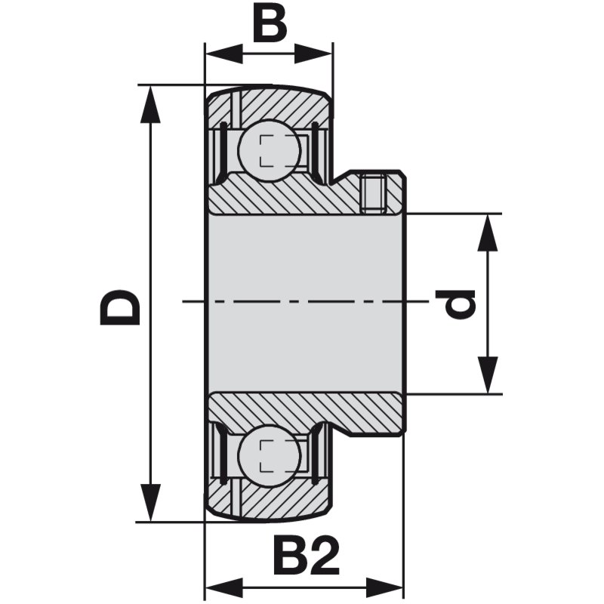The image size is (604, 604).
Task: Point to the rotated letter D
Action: point(120,307)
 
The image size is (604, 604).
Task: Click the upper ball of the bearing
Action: point(269,149)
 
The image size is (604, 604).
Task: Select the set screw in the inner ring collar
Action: point(373,193)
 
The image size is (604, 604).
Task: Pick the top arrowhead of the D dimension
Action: point(150,105)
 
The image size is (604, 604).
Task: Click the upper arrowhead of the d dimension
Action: point(488,233)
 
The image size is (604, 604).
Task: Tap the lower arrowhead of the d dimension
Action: point(488,375)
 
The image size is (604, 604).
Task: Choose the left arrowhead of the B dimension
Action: point(225,54)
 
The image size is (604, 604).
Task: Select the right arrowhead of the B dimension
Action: point(313,54)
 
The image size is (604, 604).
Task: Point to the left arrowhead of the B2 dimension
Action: point(225,588)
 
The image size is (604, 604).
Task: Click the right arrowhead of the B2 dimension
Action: point(384,588)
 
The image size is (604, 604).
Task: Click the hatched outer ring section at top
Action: point(270,108)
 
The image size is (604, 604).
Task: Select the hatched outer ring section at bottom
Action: point(270,498)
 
